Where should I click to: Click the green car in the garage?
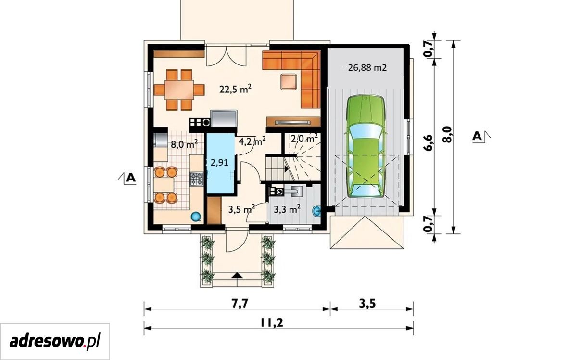point(365,146)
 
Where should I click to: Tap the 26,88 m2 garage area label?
point(367,67)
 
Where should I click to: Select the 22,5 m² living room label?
point(236,89)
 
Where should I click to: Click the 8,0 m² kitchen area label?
point(184,144)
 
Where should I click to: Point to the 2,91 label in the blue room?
point(219,162)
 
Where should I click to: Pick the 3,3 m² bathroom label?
point(287,209)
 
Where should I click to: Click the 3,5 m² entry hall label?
point(241,209)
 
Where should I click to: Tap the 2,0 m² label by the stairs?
point(304,138)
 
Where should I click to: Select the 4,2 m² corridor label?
point(252,141)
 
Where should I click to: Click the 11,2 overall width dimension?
point(272,322)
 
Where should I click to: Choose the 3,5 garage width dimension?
point(367,303)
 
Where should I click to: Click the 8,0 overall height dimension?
point(448,134)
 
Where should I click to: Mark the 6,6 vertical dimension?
point(428,142)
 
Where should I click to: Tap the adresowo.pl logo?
point(55,341)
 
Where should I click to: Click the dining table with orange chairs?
point(179,90)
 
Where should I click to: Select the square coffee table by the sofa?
point(289,81)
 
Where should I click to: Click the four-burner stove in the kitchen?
point(197,179)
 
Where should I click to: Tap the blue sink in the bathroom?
point(316,211)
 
